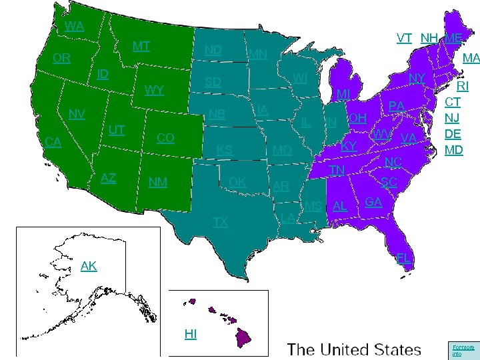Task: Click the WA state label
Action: point(75,27)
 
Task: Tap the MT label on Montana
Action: point(141,47)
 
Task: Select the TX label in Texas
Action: point(220,222)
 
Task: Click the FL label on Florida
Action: point(403,258)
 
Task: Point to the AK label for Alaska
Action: point(89,266)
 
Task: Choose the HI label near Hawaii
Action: point(191,333)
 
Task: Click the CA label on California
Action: point(53,141)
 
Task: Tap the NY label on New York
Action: point(417,79)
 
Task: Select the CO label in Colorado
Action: point(165,138)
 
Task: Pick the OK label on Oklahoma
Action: point(237,182)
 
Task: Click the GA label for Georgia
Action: point(374,201)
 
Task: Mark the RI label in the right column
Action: point(463,86)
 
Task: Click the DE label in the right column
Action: point(454,134)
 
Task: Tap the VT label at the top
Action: point(404,38)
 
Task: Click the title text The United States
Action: point(354,349)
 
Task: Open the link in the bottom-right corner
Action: point(463,350)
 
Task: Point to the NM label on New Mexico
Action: point(158,182)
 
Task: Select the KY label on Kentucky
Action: point(349,146)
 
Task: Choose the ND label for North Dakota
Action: point(213,51)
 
